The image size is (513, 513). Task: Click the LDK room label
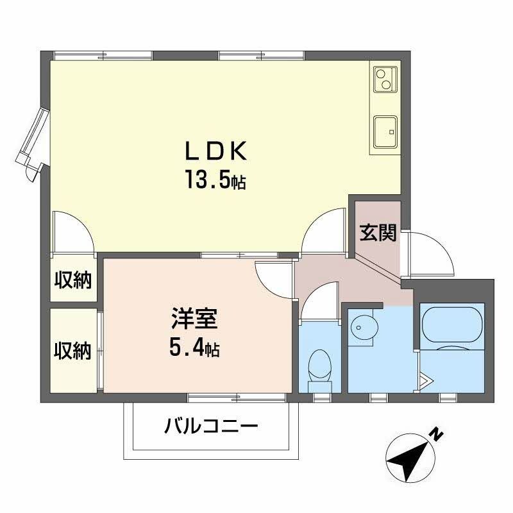[x=215, y=152]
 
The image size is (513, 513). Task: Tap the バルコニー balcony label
[x=211, y=426]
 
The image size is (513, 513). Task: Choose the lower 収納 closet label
[x=72, y=351]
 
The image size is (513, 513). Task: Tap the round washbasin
[x=364, y=328]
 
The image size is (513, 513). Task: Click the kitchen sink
[x=384, y=132]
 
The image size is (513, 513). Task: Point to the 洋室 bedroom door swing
[x=274, y=277]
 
